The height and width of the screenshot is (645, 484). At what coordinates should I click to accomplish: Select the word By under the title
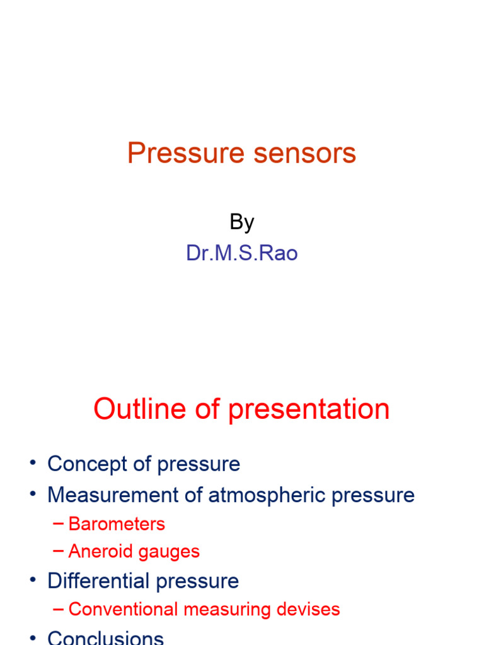241,222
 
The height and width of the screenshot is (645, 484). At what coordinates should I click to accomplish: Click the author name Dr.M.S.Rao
241,253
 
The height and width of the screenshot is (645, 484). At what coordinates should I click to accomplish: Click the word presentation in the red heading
309,410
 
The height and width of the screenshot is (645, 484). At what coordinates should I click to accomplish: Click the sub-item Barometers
117,524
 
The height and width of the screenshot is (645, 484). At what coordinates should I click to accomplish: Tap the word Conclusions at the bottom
105,637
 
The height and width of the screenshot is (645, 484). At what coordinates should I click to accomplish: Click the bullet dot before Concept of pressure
32,464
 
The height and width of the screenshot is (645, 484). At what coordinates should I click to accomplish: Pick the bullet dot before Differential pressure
32,581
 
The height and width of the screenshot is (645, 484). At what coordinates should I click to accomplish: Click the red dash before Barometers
59,524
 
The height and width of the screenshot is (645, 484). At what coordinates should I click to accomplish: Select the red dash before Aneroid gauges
59,552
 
